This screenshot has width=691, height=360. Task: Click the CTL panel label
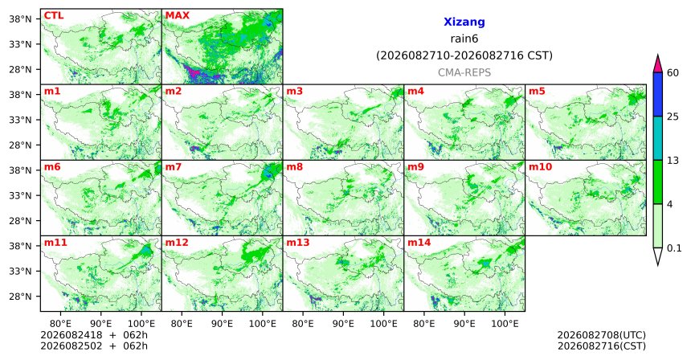[x=54, y=16]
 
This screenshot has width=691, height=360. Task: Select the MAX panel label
[x=177, y=16]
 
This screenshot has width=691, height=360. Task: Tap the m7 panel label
[x=173, y=167]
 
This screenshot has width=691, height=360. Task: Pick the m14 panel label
[x=419, y=243]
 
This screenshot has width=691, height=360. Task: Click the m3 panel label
[x=294, y=92]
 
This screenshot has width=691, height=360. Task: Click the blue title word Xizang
[x=464, y=22]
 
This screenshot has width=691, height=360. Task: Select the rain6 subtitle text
[x=464, y=39]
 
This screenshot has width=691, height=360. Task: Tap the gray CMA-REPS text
[x=464, y=72]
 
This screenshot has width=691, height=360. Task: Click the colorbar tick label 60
[x=673, y=73]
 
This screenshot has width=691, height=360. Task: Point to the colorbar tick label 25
[x=673, y=117]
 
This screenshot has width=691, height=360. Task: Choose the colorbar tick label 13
[x=673, y=161]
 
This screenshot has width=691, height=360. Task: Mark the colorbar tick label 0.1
[x=674, y=248]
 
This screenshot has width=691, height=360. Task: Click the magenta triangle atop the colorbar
[x=658, y=65]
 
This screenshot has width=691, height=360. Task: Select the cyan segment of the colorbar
[x=658, y=138]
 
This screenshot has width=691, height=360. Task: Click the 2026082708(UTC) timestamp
[x=602, y=336]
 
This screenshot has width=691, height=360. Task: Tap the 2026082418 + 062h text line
[x=94, y=335]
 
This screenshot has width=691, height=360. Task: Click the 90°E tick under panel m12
[x=222, y=325]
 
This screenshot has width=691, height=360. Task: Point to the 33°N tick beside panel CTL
[x=20, y=44]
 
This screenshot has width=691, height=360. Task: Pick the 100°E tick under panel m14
[x=505, y=325]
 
